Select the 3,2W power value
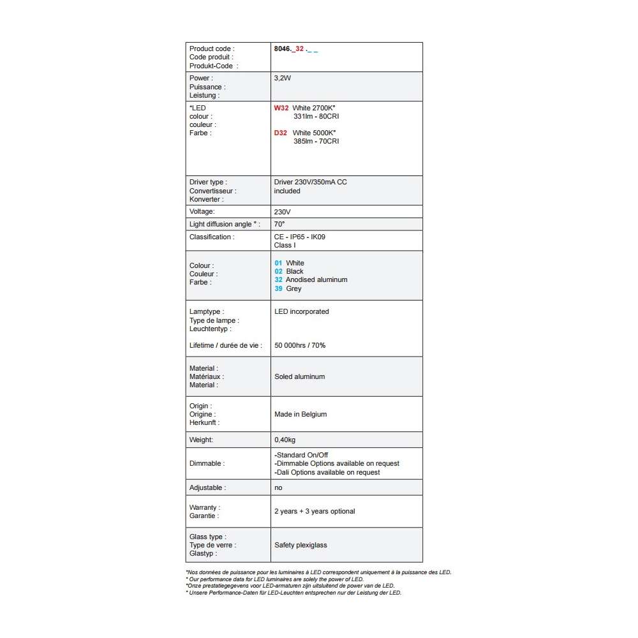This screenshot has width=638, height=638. (283, 78)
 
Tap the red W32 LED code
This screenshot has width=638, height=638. (281, 108)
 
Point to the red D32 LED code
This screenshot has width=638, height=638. (281, 133)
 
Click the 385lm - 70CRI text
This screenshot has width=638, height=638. (316, 141)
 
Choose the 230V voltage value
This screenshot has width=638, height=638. (283, 211)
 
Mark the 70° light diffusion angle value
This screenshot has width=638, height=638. (279, 224)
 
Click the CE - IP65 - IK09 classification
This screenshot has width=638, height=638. (300, 237)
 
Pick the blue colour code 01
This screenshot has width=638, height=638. (278, 263)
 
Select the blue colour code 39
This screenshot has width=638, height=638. (278, 288)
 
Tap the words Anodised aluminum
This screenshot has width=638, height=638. (316, 279)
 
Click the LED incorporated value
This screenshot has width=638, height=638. (302, 311)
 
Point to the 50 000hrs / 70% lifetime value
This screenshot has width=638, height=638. (300, 345)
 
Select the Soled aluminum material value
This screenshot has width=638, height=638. (300, 376)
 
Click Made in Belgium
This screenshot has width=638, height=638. (300, 414)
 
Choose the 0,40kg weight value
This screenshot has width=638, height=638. (285, 440)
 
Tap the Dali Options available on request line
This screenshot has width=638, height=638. (327, 472)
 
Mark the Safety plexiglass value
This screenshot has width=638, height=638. (300, 545)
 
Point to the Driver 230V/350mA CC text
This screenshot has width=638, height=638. (311, 182)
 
